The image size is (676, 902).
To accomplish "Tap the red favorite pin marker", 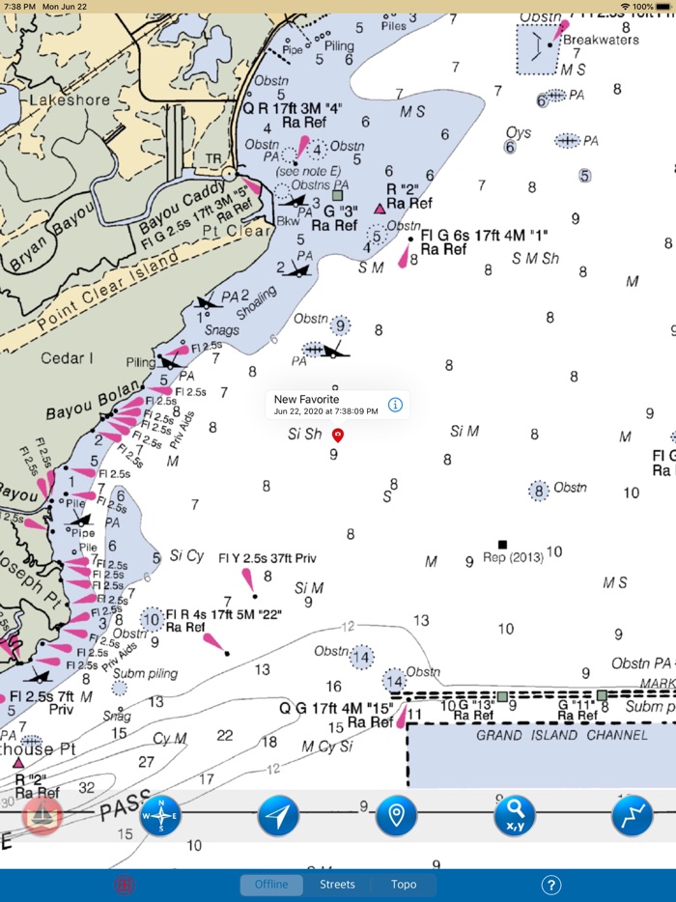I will pyautogui.click(x=337, y=436).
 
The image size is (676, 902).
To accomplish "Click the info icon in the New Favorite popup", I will pyautogui.click(x=395, y=405).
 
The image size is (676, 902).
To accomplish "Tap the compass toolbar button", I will pyautogui.click(x=160, y=816).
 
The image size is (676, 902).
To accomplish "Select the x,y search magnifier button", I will pyautogui.click(x=515, y=816).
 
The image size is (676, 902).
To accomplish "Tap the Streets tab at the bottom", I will pyautogui.click(x=337, y=884).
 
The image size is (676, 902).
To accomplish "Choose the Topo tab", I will pyautogui.click(x=404, y=884).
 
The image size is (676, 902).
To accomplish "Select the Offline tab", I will pyautogui.click(x=271, y=884).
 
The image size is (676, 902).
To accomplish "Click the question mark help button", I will pyautogui.click(x=551, y=884).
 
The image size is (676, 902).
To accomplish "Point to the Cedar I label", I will pyautogui.click(x=67, y=358).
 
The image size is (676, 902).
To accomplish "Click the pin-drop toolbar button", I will pyautogui.click(x=396, y=816).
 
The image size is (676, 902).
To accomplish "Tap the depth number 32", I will pyautogui.click(x=88, y=787).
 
